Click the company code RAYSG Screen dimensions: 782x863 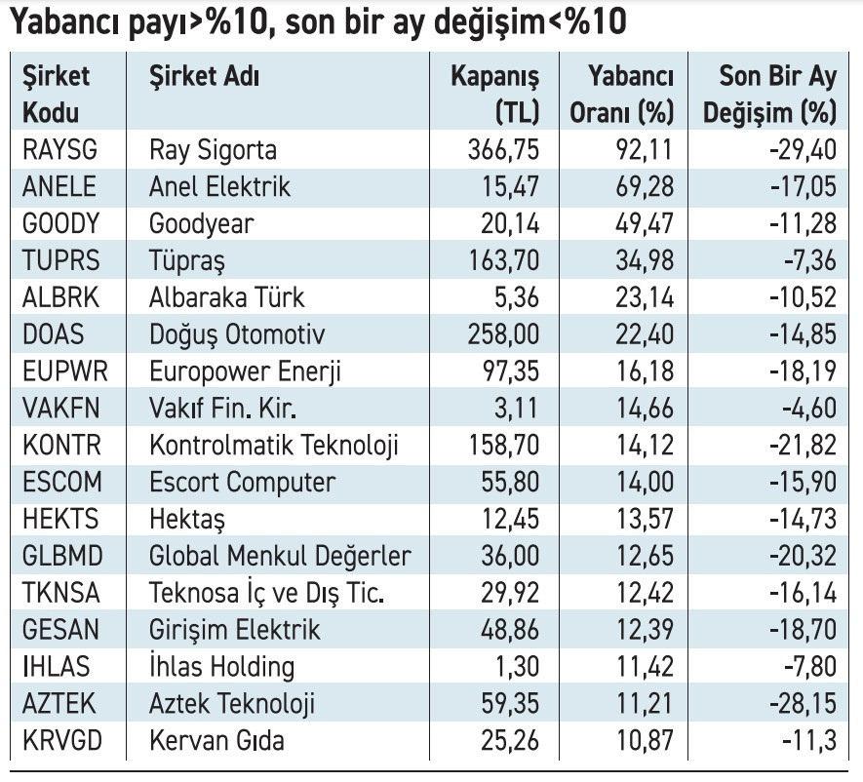(60, 150)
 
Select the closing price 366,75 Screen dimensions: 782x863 (501, 150)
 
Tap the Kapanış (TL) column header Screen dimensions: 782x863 (494, 94)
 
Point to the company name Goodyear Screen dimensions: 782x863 (201, 224)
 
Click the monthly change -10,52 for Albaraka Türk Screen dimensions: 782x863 (803, 297)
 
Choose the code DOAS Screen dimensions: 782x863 (53, 334)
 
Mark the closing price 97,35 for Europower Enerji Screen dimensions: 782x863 (506, 371)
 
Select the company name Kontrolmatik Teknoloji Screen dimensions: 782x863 (274, 446)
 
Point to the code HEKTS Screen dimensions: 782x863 (59, 520)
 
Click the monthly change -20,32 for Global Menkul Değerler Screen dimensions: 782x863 (803, 557)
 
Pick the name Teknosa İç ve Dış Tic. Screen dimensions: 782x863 (266, 593)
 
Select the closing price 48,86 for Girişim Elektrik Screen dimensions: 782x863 (506, 630)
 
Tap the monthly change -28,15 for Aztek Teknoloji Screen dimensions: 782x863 (803, 704)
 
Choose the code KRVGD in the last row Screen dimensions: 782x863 (61, 741)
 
